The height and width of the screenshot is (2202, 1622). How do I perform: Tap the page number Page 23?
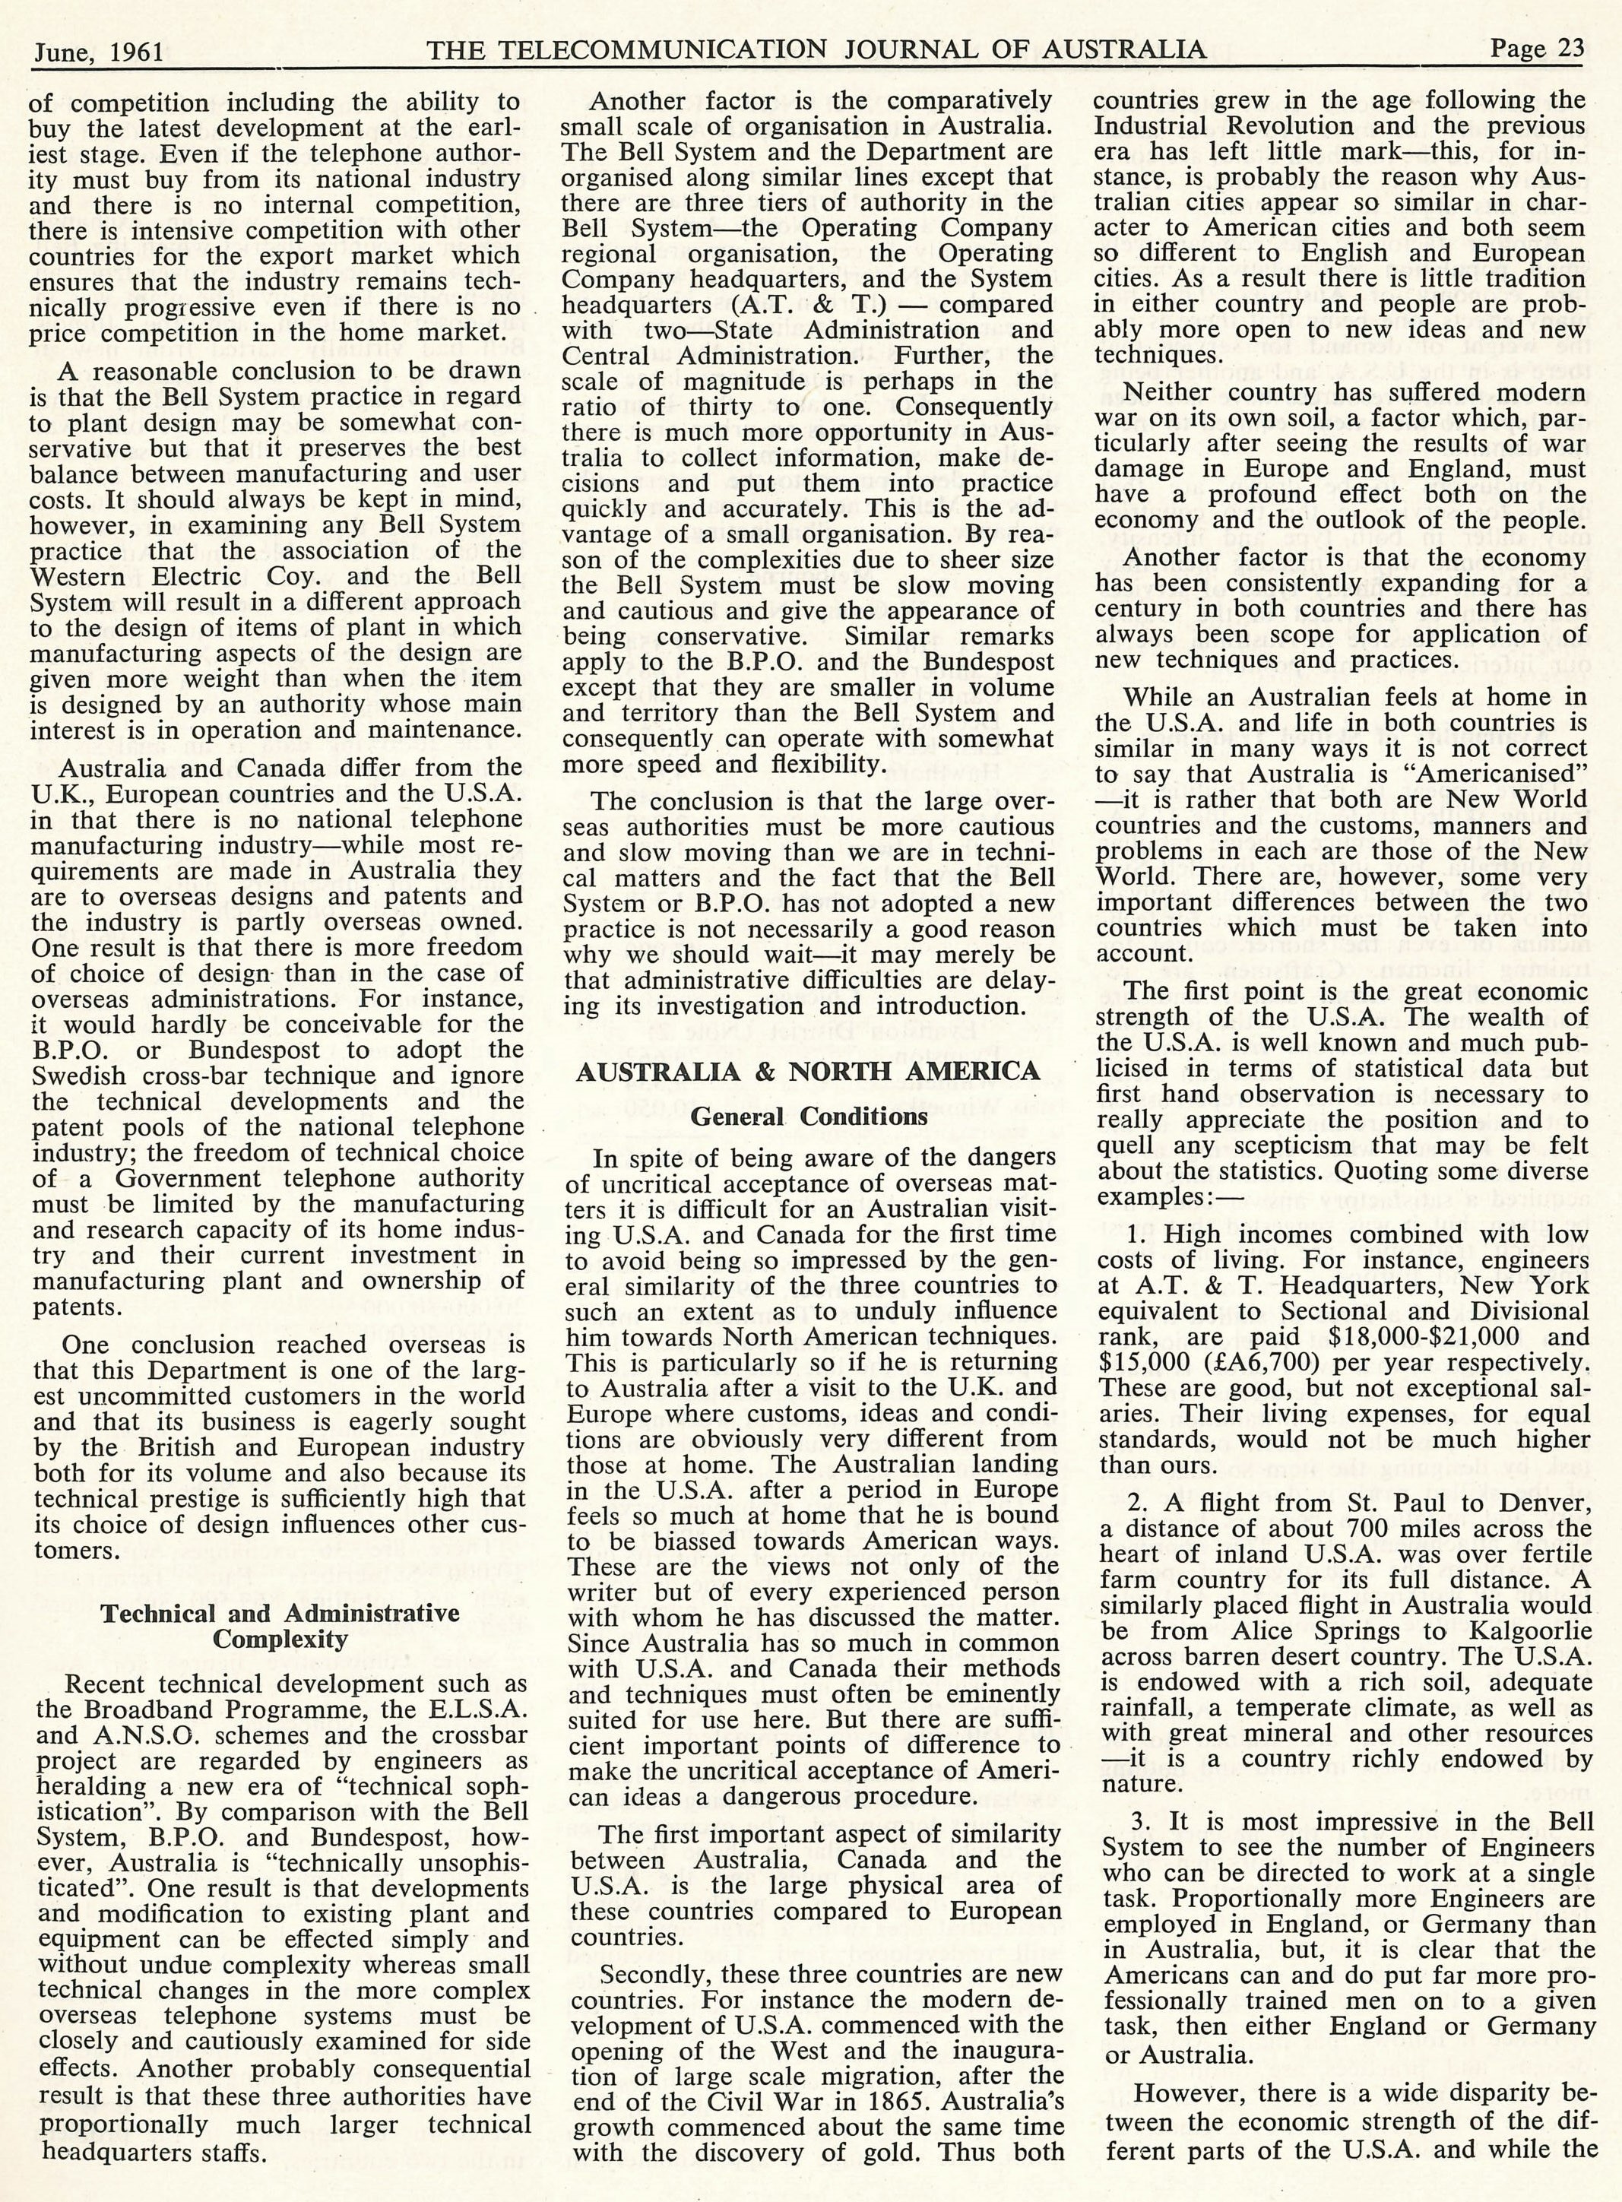coord(1537,50)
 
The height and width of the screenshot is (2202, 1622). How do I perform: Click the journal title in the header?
coord(815,50)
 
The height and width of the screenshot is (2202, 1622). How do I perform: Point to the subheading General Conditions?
coord(808,1117)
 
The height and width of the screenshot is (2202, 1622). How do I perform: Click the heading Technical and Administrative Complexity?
coord(280,1627)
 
